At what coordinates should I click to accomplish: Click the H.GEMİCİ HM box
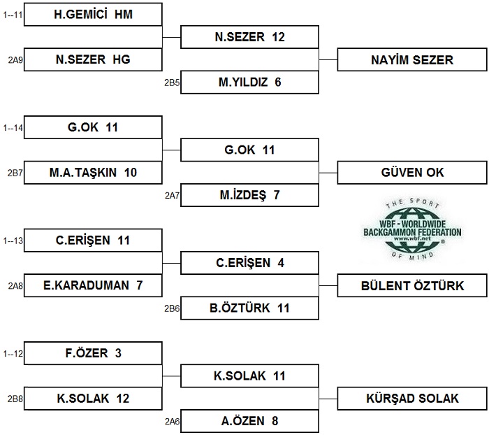point(93,15)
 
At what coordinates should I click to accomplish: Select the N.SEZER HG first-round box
point(93,59)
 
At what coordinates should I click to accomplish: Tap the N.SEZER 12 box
point(249,37)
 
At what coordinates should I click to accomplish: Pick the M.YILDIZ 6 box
point(249,82)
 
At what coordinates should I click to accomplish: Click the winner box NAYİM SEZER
point(412,59)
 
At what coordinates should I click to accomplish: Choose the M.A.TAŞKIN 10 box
point(93,172)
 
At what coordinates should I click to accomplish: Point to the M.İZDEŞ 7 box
point(249,195)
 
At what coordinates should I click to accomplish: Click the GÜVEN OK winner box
point(412,172)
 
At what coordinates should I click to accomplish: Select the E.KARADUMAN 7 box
point(93,285)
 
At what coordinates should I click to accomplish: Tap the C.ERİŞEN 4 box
point(249,263)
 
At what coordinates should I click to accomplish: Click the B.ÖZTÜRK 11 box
point(249,308)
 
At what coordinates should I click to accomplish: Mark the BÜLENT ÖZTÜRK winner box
point(412,285)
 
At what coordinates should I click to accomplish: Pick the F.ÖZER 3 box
point(93,353)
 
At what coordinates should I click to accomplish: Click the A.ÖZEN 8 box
point(249,421)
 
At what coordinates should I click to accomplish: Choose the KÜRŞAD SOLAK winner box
point(412,399)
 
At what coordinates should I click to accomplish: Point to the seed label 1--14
point(13,128)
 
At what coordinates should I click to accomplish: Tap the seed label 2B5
point(172,83)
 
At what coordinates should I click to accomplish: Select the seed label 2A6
point(172,422)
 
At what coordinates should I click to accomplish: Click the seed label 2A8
point(15,286)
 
